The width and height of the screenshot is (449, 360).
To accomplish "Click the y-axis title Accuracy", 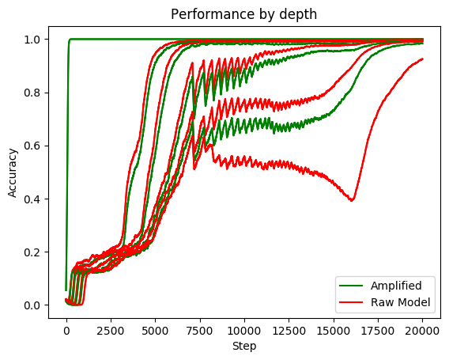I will click(x=13, y=170).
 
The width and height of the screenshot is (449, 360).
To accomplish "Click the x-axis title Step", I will click(x=244, y=346).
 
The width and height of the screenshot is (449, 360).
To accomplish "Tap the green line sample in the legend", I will click(x=351, y=284).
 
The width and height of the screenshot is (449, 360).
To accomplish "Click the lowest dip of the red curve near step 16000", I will click(x=352, y=200).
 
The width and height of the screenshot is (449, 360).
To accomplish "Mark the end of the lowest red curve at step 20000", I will click(x=423, y=59).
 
